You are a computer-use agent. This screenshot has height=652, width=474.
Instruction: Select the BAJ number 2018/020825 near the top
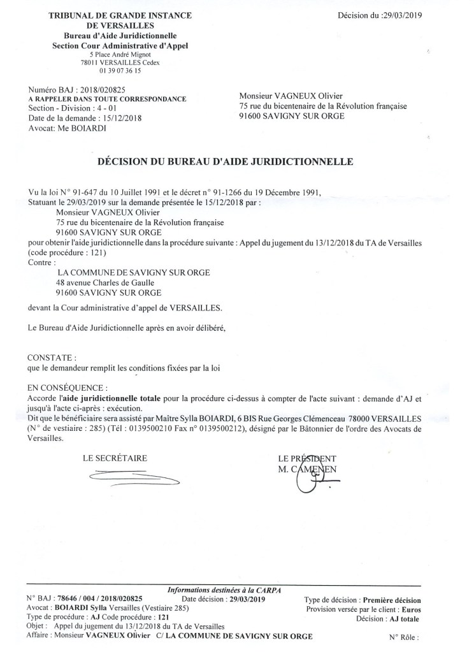point(94,91)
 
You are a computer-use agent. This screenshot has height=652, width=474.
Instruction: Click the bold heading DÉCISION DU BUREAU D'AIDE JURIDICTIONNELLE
point(234,163)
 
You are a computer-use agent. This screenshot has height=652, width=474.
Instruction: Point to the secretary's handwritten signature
point(133,477)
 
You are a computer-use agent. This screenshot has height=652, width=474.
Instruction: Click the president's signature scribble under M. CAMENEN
point(310,481)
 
